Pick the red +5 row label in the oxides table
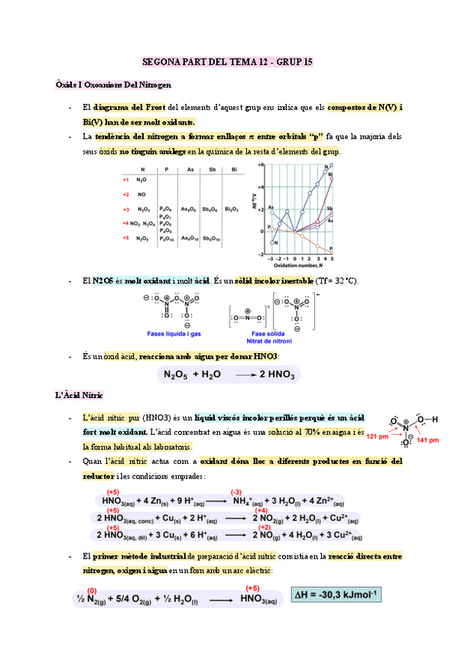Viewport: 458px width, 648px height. [125, 238]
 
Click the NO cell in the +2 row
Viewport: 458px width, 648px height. [141, 194]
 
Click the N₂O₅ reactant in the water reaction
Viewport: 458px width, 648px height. [174, 374]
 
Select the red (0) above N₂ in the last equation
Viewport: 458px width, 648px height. [92, 590]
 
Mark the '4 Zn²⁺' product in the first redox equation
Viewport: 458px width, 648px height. [330, 501]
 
